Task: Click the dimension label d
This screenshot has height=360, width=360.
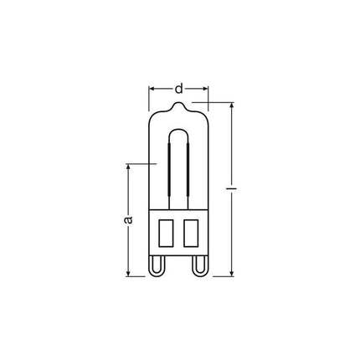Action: [179, 89]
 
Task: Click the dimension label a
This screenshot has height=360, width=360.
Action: [128, 219]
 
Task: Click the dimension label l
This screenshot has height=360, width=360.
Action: [231, 189]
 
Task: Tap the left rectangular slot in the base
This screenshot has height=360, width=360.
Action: [167, 233]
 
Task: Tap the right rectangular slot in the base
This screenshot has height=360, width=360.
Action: [191, 233]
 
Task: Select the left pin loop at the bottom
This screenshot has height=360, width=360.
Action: [157, 266]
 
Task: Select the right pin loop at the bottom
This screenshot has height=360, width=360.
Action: [200, 266]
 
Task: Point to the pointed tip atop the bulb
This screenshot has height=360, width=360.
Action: [178, 104]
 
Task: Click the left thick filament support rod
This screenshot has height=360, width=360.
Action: [169, 169]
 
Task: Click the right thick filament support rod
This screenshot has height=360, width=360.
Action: [188, 169]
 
